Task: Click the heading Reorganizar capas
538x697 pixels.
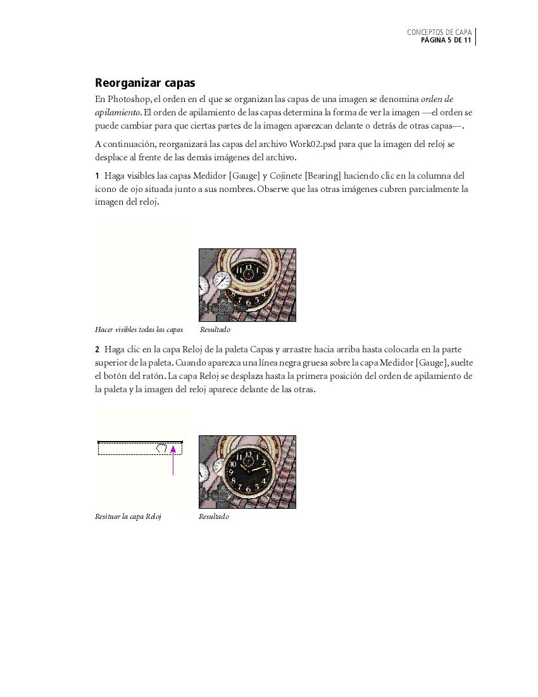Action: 145,83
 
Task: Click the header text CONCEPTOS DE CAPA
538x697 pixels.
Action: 439,32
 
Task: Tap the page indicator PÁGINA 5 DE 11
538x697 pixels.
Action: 446,41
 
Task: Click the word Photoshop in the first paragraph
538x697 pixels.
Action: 129,99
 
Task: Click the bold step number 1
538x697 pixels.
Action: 97,176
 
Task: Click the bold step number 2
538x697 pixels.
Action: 97,350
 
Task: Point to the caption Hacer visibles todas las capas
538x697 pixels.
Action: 139,329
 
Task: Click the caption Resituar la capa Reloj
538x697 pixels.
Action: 128,516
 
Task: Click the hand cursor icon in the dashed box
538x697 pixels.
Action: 162,448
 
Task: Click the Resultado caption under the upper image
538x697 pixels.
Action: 215,329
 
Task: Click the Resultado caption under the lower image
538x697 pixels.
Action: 214,516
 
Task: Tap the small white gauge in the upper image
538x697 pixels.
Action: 222,279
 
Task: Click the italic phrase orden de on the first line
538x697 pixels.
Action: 437,99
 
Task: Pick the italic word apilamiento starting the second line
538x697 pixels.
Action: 117,113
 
